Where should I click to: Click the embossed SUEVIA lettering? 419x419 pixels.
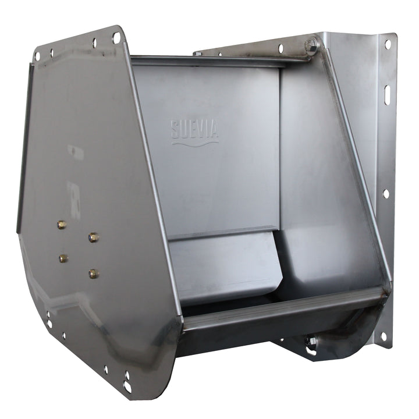pos(195,129)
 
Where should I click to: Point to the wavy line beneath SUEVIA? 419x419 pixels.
pos(195,144)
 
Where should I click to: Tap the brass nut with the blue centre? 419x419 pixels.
pos(93,237)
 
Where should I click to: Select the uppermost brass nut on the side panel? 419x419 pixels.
pos(62,225)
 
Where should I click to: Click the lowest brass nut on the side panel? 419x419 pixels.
pos(93,274)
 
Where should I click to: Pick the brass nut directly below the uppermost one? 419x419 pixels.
pos(63,258)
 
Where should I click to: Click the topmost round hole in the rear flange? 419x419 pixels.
pos(388,44)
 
